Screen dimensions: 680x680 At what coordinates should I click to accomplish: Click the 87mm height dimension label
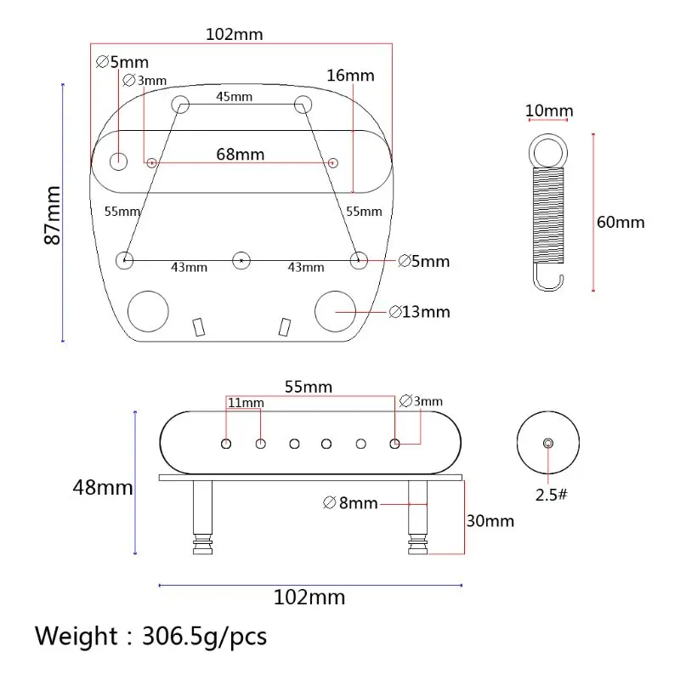coord(53,215)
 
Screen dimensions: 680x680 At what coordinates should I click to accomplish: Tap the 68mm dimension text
coord(241,155)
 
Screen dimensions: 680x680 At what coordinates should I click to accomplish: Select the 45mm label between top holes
coord(235,96)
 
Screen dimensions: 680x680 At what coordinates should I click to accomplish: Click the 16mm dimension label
coord(350,76)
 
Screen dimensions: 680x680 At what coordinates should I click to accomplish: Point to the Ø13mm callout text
coord(419,312)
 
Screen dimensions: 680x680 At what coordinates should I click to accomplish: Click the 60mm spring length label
coord(620,222)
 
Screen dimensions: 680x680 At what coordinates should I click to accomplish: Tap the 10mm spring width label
coord(549,110)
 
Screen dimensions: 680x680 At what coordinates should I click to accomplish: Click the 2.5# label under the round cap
coord(551,495)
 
